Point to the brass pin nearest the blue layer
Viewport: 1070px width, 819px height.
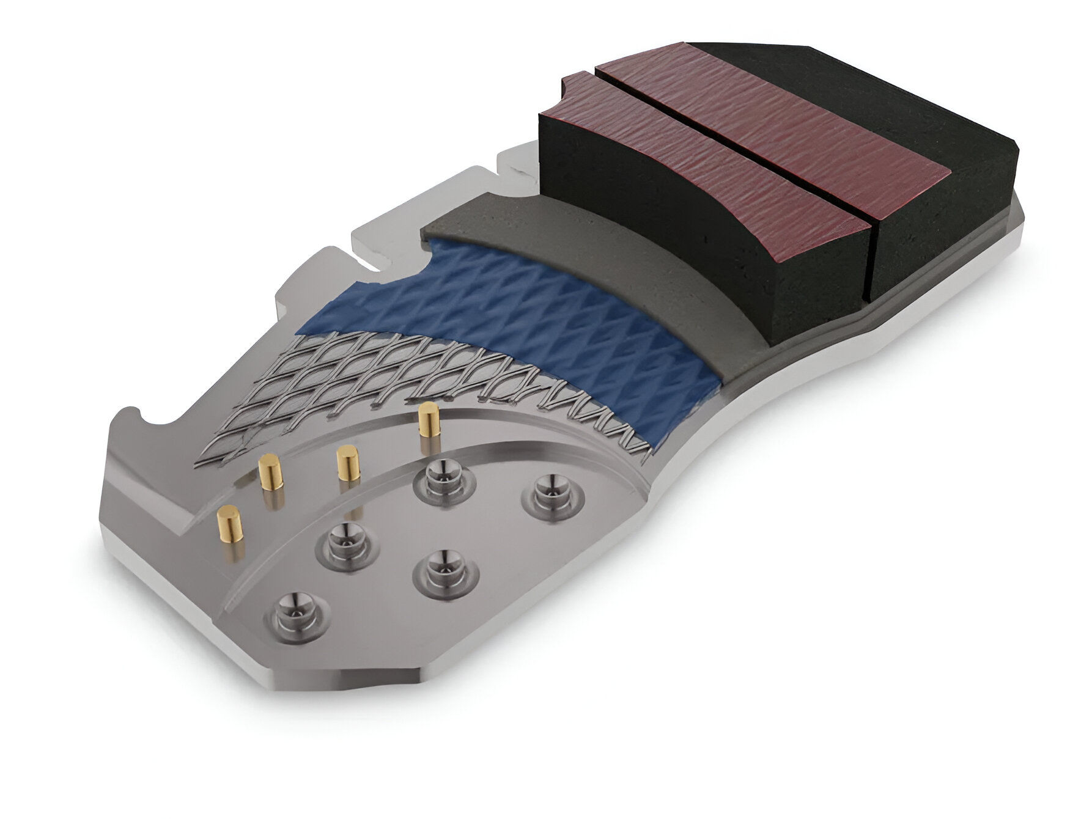point(428,421)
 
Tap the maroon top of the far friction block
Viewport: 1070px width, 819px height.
point(783,104)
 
